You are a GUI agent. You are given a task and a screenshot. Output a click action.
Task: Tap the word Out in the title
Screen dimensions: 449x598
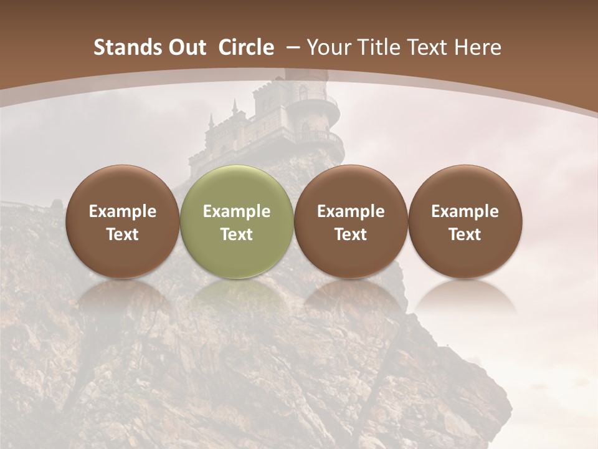click(x=180, y=48)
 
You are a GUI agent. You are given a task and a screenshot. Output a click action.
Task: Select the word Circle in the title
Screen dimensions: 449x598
click(x=246, y=48)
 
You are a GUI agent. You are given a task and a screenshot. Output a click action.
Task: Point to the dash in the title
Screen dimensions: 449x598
click(x=291, y=48)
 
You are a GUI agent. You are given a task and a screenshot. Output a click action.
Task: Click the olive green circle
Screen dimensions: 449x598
click(x=236, y=221)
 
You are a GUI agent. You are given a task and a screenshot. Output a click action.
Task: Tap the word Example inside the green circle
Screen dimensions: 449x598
click(x=237, y=211)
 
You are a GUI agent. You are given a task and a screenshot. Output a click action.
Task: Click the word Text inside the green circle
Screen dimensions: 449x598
click(x=237, y=234)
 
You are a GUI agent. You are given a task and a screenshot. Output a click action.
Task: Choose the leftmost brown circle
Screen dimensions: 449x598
click(x=122, y=221)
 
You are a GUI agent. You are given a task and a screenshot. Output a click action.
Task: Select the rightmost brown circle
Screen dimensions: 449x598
click(x=465, y=221)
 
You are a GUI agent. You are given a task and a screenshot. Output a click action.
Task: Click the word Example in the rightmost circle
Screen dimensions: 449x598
click(x=465, y=211)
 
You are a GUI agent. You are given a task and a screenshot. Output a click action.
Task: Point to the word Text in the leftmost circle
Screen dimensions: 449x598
click(x=123, y=234)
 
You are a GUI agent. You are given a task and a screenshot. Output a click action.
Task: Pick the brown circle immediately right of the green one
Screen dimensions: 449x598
click(x=351, y=221)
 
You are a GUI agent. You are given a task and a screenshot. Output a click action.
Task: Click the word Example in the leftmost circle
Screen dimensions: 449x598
click(x=123, y=211)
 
